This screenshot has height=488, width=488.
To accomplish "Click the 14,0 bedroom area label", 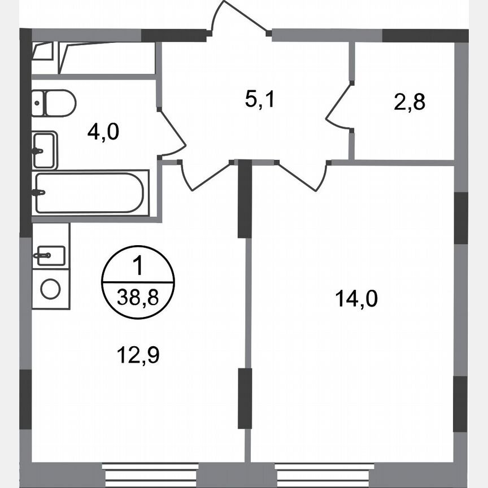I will tap(356, 298).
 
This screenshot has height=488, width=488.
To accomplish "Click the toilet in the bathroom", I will tap(53, 103).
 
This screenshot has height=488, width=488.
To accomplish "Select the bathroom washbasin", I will tap(45, 150).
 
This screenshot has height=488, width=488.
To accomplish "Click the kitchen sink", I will tap(50, 255).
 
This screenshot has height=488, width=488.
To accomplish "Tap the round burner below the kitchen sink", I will tap(50, 289).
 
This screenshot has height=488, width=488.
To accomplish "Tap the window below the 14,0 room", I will tap(324, 472).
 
